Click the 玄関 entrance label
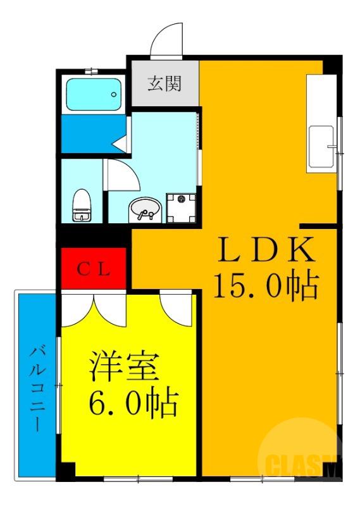coord(164,83)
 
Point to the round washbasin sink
coord(145,209)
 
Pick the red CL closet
coord(94,269)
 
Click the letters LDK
coord(266,250)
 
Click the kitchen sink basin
coord(321,147)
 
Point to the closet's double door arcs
coord(94,307)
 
